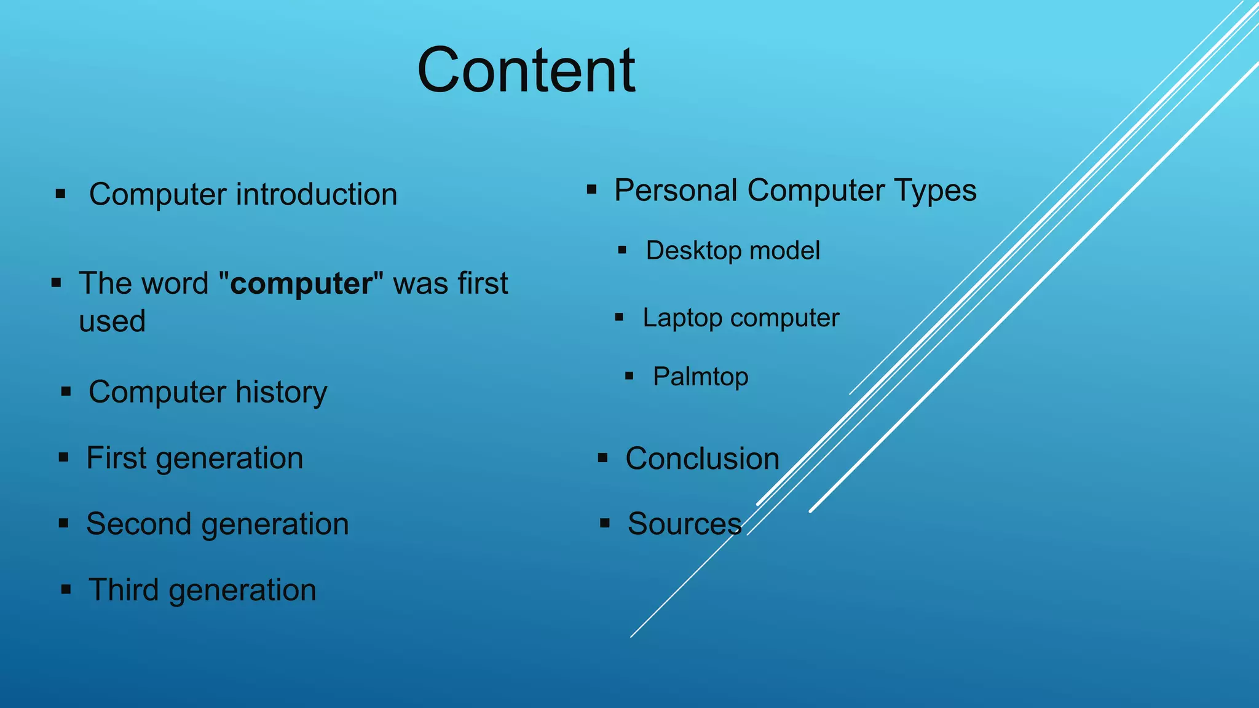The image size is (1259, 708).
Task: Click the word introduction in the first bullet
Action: (317, 195)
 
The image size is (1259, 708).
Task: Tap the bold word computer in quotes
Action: (301, 284)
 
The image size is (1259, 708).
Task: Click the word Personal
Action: (676, 191)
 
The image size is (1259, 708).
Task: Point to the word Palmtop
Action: (700, 377)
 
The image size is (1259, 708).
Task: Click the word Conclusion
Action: (702, 459)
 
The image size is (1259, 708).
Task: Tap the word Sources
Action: (684, 524)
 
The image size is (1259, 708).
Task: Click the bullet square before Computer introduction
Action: (60, 194)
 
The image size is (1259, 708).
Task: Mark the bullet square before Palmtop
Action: (629, 376)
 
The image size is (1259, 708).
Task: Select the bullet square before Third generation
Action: (66, 590)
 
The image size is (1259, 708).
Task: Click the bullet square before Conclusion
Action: (602, 458)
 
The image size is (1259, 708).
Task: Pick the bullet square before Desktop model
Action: (622, 250)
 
